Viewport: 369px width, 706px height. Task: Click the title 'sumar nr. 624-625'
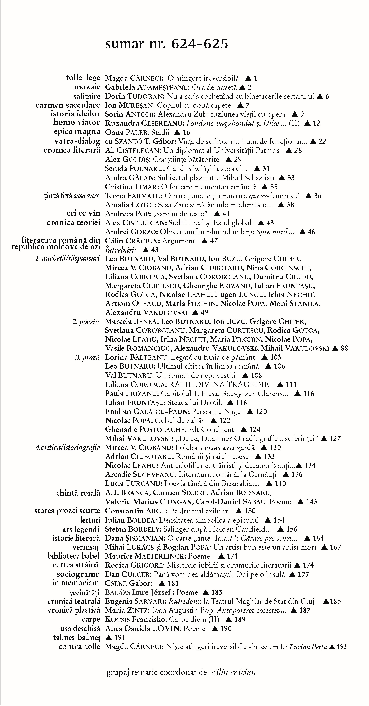[x=166, y=44]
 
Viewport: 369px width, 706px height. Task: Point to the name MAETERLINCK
[x=159, y=556]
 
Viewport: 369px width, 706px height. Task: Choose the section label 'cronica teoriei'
[x=73, y=223]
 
